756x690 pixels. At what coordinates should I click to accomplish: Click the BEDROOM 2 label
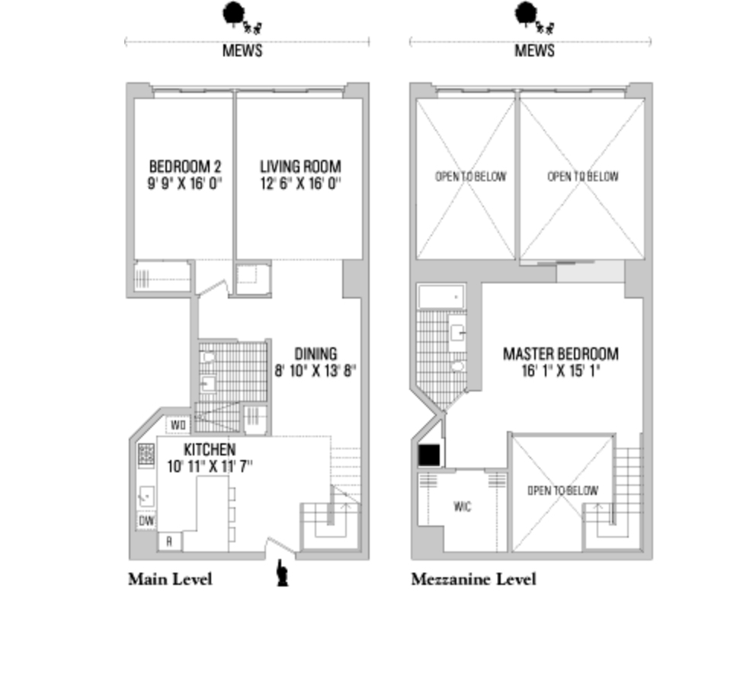(184, 166)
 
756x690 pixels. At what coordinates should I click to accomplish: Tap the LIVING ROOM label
(300, 166)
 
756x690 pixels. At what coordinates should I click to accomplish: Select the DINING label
(316, 354)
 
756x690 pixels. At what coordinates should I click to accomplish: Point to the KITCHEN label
(209, 449)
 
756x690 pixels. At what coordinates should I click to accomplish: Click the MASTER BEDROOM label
(560, 354)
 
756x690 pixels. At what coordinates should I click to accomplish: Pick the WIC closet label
(462, 506)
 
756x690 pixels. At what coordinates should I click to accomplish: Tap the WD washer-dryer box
(178, 424)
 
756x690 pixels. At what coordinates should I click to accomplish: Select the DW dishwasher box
(146, 521)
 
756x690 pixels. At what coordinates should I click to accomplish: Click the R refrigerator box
(169, 541)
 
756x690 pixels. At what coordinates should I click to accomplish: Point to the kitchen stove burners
(146, 455)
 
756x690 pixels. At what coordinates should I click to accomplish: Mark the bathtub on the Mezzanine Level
(441, 296)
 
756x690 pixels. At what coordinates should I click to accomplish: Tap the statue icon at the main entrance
(283, 573)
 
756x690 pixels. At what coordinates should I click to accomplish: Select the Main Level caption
(170, 580)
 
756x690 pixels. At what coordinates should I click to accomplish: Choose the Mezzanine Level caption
(473, 580)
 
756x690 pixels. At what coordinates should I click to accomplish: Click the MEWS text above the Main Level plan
(242, 51)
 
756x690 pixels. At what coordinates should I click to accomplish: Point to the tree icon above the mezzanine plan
(526, 13)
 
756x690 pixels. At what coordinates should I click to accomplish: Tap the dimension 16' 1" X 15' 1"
(560, 371)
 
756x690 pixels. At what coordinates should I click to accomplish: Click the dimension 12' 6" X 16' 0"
(300, 184)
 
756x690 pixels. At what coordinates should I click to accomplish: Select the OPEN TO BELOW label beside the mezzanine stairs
(562, 491)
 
